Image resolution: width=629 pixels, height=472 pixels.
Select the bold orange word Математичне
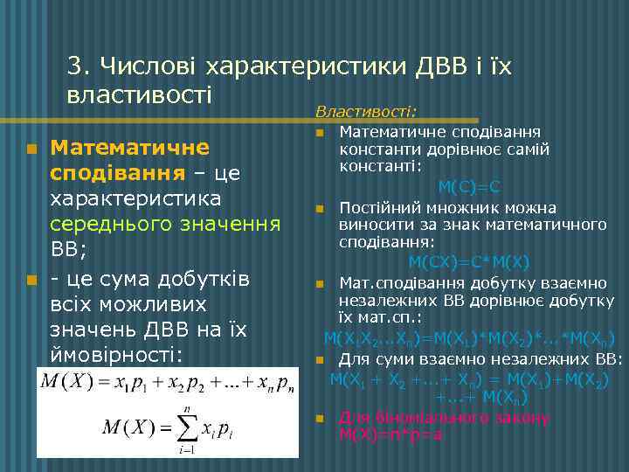tap(129, 147)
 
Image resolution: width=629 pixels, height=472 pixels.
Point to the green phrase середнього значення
tap(165, 226)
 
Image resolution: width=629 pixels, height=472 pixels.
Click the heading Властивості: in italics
tap(366, 112)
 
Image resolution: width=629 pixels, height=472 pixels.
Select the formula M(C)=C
tap(469, 186)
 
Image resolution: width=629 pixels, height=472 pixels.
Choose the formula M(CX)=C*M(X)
tap(469, 262)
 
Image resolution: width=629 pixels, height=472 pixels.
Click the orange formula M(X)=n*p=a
tap(391, 433)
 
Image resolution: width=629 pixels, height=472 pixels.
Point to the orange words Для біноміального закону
tap(445, 417)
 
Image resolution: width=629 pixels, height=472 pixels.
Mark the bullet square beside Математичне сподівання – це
tap(32, 149)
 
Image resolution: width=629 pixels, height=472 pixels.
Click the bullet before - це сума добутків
tap(32, 280)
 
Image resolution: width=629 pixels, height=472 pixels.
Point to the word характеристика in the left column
tap(140, 199)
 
